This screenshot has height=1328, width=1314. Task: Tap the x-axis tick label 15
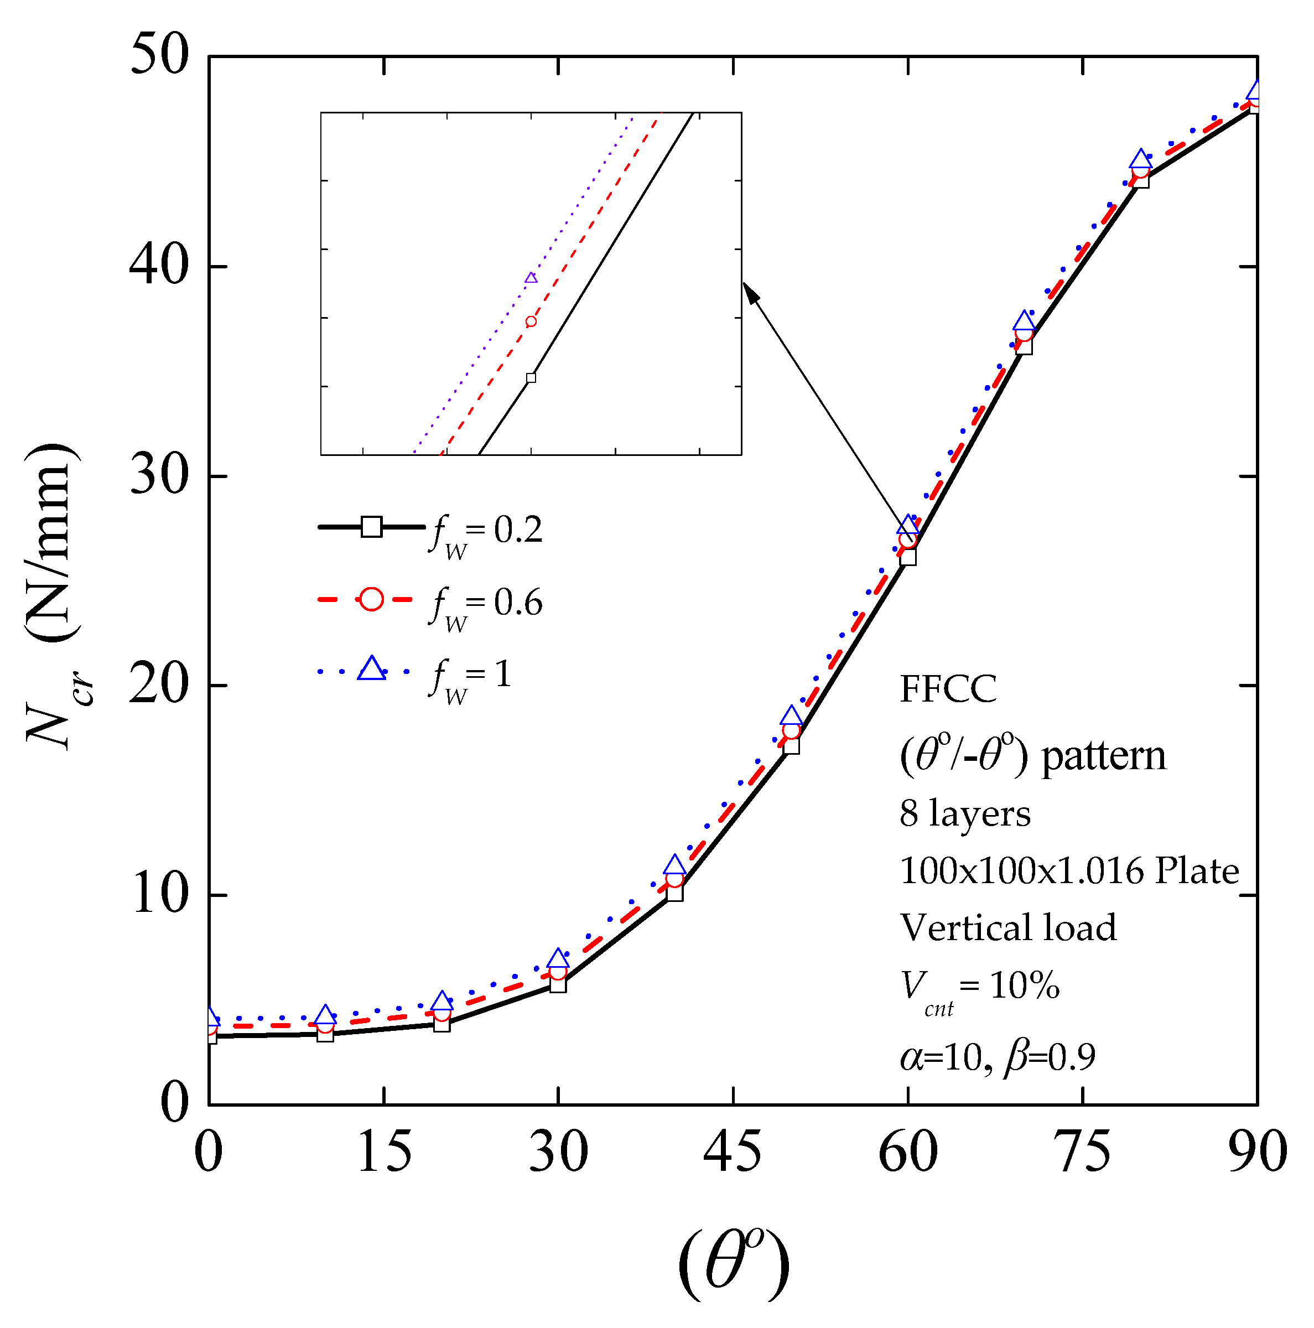(x=384, y=1152)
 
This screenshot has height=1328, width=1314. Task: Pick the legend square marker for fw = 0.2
(x=372, y=527)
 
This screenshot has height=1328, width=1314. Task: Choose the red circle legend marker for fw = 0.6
(x=372, y=599)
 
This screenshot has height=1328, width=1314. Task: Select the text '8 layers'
(x=964, y=814)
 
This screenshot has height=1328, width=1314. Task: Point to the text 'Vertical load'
(x=1007, y=928)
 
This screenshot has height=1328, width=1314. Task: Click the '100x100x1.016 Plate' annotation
(x=1069, y=871)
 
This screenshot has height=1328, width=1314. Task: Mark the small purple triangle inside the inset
(x=531, y=278)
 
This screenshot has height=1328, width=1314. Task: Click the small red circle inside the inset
(x=531, y=321)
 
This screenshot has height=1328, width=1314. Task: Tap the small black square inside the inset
(x=531, y=378)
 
